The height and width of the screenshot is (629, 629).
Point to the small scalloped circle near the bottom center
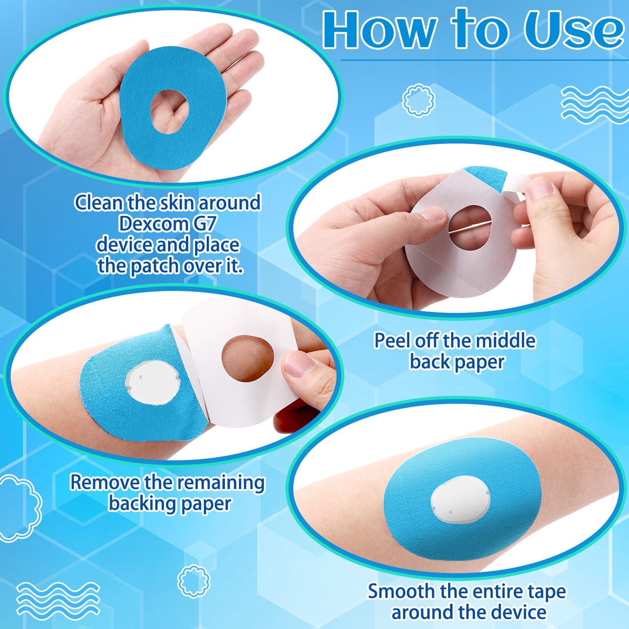[191, 579]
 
